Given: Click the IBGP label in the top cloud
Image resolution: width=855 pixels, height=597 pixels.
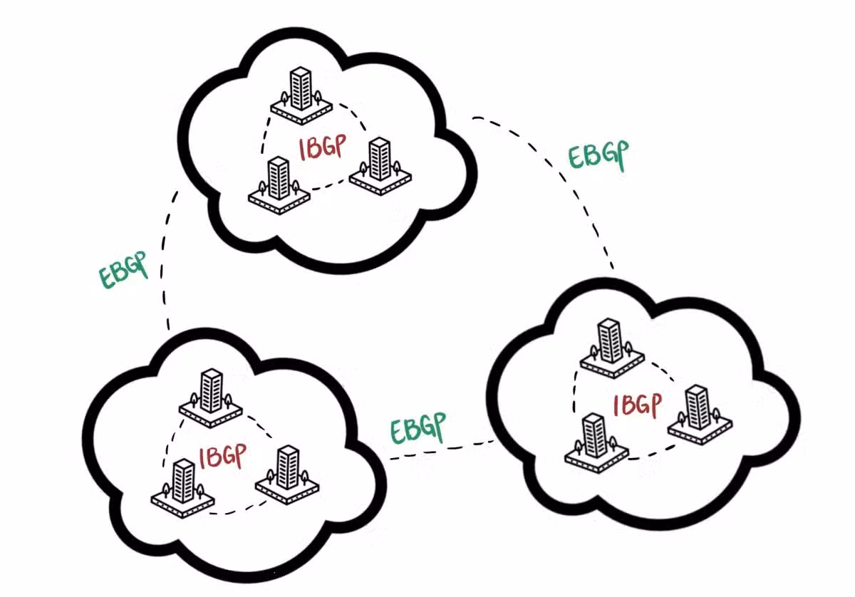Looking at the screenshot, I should pos(323,149).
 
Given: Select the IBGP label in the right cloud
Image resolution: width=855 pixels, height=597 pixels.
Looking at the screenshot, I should pos(637,405).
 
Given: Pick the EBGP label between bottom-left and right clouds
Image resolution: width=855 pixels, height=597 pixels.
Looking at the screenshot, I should pos(418,428).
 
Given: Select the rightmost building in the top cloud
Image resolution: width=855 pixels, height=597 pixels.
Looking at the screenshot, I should pos(378,166).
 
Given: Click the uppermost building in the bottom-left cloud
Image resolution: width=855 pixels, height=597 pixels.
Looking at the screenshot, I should pos(210,396).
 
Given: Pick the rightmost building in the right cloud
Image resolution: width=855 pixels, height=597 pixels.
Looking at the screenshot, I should pos(698,414).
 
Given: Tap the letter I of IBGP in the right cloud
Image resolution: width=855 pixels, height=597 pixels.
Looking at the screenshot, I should pos(617,407).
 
